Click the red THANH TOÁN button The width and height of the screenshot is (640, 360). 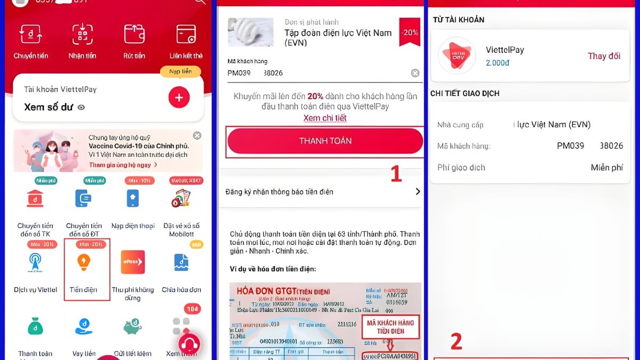click(325, 141)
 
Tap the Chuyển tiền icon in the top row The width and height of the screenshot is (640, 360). click(31, 35)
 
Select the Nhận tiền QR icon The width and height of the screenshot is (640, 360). click(83, 35)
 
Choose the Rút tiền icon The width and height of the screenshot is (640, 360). click(134, 35)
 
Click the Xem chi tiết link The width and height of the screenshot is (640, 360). click(325, 118)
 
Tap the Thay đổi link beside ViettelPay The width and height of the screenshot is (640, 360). click(604, 56)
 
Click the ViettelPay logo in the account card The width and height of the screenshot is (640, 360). click(455, 56)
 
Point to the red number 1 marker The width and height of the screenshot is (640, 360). click(396, 174)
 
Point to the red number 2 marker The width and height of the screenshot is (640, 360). click(456, 342)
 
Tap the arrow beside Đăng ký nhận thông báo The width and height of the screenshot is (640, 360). click(418, 191)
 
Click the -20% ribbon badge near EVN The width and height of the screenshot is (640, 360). click(410, 32)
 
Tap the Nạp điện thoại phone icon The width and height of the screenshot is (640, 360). click(133, 198)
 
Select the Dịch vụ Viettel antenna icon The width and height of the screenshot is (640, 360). click(35, 262)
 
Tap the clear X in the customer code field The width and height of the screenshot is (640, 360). click(415, 73)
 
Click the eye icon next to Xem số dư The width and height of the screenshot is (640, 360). click(81, 107)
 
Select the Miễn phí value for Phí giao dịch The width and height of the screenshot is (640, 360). click(606, 167)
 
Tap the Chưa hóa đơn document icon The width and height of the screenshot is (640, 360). click(181, 262)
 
